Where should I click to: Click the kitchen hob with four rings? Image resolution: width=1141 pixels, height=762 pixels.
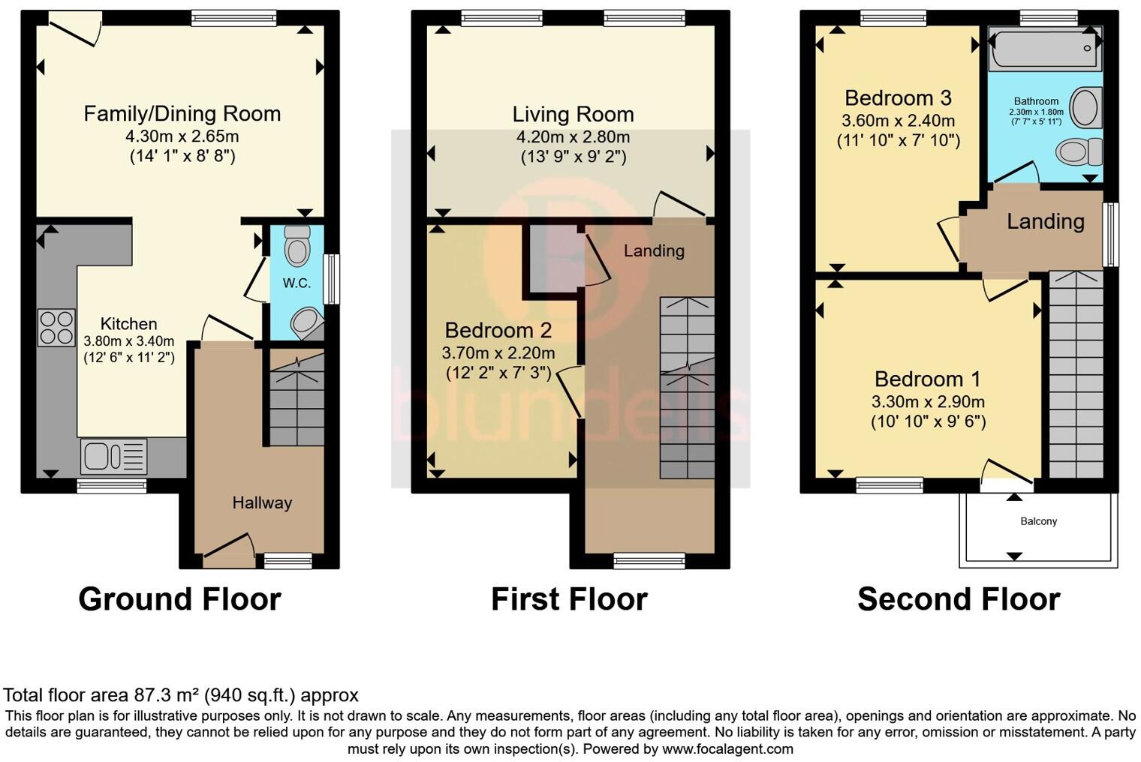[x=56, y=328]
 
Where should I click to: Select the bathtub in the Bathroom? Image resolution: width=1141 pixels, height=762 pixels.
[x=1044, y=48]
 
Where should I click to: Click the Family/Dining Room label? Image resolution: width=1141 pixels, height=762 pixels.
[x=182, y=114]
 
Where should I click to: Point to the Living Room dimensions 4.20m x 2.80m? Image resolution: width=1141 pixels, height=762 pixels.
[x=573, y=137]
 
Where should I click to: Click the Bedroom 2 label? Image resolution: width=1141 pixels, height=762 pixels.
[x=498, y=330]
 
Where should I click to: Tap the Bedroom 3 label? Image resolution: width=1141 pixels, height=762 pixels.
[x=898, y=98]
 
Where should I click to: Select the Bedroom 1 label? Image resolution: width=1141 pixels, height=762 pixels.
[x=927, y=379]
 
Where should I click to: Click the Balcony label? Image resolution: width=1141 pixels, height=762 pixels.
[x=1038, y=521]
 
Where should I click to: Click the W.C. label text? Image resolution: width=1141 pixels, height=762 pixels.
[x=297, y=283]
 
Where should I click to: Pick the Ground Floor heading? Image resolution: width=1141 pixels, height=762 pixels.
[x=179, y=599]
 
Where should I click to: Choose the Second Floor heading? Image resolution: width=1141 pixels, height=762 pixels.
[x=959, y=599]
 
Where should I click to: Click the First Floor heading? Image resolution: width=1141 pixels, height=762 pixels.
[x=569, y=599]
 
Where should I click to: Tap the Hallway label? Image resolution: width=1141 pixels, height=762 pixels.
[x=261, y=503]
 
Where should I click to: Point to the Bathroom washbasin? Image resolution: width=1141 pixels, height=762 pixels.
[x=1085, y=107]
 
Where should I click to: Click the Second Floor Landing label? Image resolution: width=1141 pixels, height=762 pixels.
[x=1045, y=221]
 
